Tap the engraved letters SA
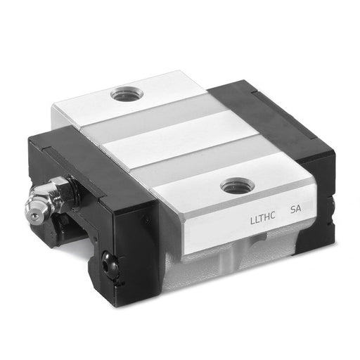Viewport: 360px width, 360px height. click(x=295, y=209)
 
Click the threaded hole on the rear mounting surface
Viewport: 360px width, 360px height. click(x=127, y=95)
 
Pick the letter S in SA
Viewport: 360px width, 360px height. click(x=292, y=210)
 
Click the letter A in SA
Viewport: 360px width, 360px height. click(x=299, y=209)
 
